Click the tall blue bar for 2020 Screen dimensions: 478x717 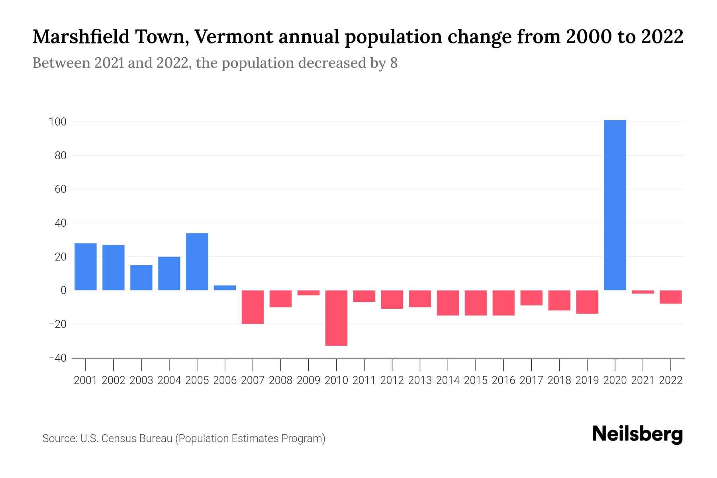click(x=615, y=205)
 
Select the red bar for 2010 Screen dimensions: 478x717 click(x=336, y=318)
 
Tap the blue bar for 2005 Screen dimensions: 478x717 click(x=197, y=262)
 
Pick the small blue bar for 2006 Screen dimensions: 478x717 click(x=225, y=288)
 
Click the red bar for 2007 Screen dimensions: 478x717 click(x=253, y=307)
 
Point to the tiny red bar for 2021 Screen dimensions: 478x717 click(x=643, y=292)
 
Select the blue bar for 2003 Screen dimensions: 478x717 click(x=141, y=278)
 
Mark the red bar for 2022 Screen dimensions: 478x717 click(x=671, y=297)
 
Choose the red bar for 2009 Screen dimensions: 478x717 click(x=308, y=293)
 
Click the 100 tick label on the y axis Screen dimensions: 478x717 click(x=57, y=122)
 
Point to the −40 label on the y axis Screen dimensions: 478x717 click(x=57, y=358)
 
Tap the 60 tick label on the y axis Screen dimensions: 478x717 click(x=60, y=189)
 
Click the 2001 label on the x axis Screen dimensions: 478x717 click(x=86, y=380)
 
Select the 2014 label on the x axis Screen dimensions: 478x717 click(x=448, y=380)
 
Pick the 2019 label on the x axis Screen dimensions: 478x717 click(x=587, y=380)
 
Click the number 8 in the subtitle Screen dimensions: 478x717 click(x=394, y=63)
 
